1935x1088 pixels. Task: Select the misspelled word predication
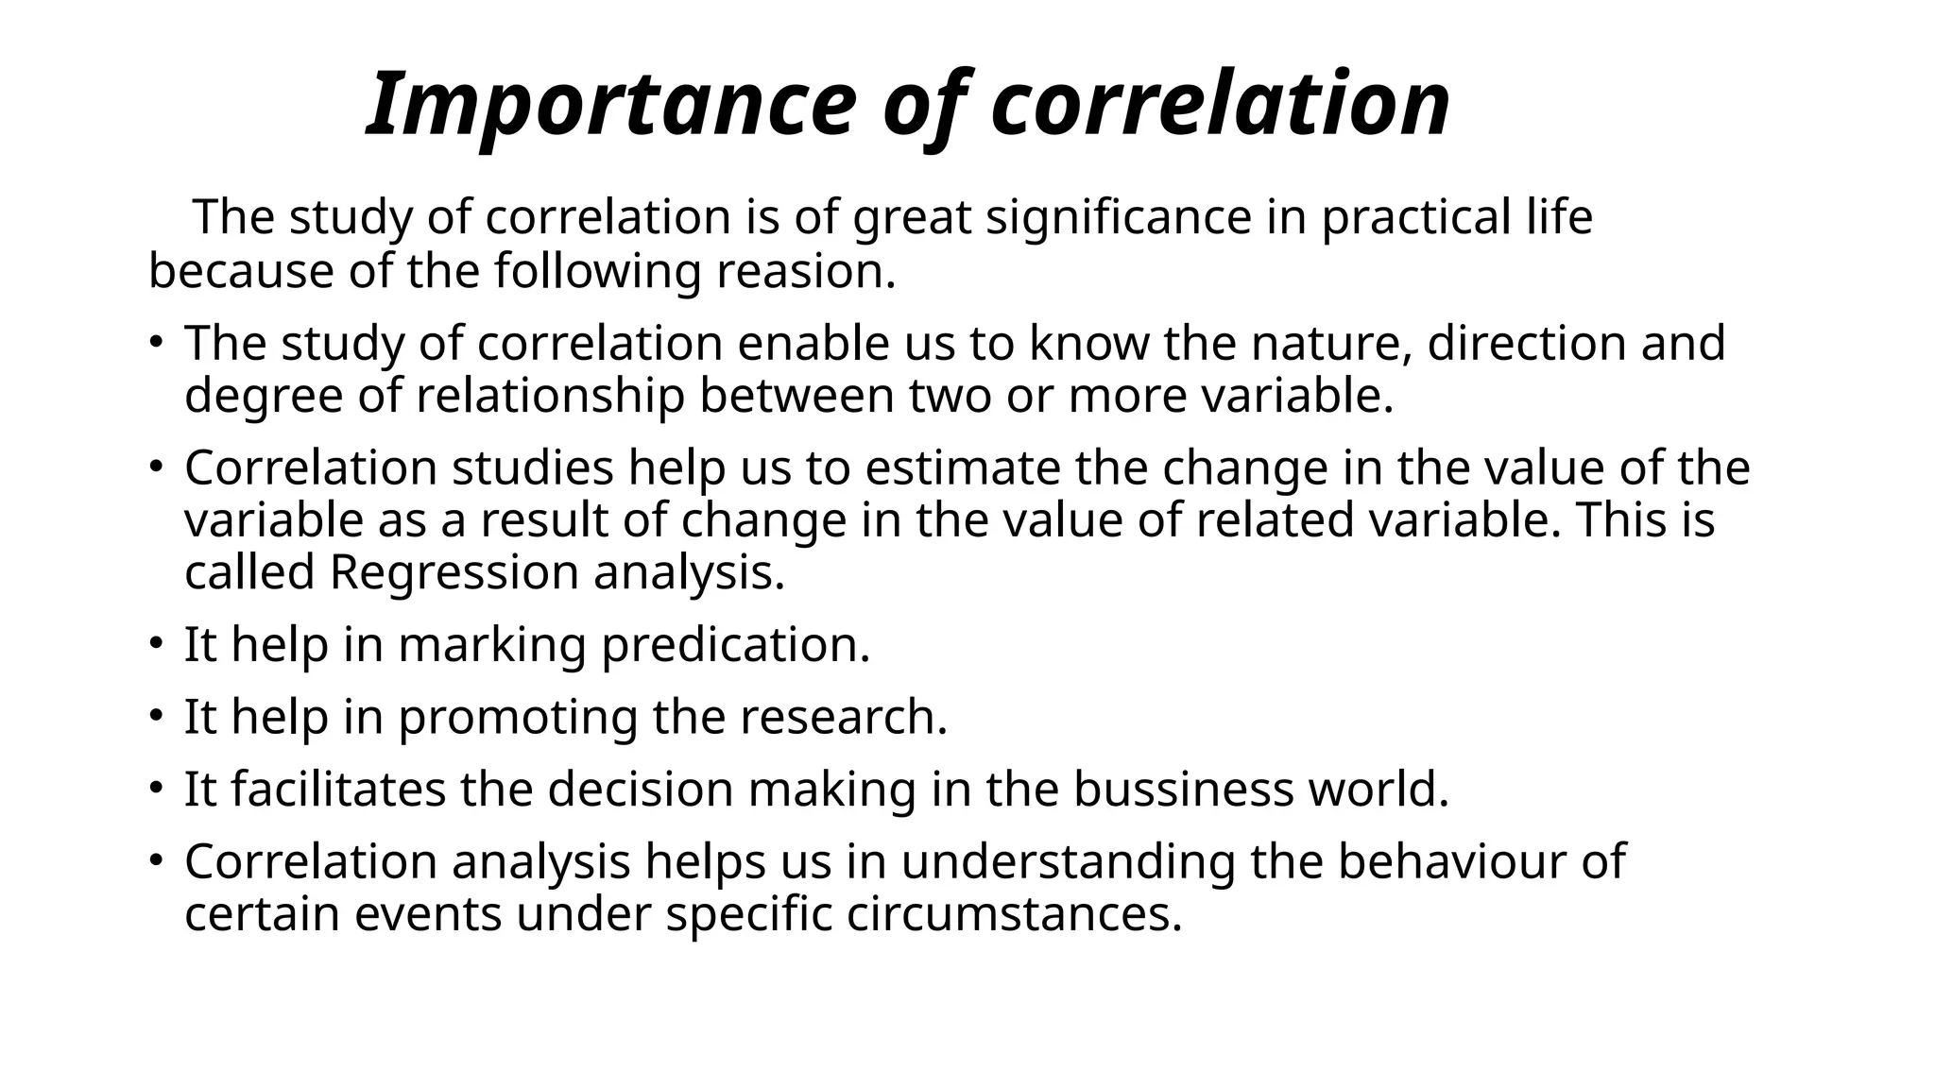(x=735, y=645)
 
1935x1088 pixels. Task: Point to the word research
(x=843, y=717)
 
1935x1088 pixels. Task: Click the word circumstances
(x=1014, y=914)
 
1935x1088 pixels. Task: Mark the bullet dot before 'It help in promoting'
(x=156, y=715)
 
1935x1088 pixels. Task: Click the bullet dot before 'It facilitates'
(x=156, y=788)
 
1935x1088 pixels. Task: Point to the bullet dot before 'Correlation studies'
(x=156, y=467)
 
